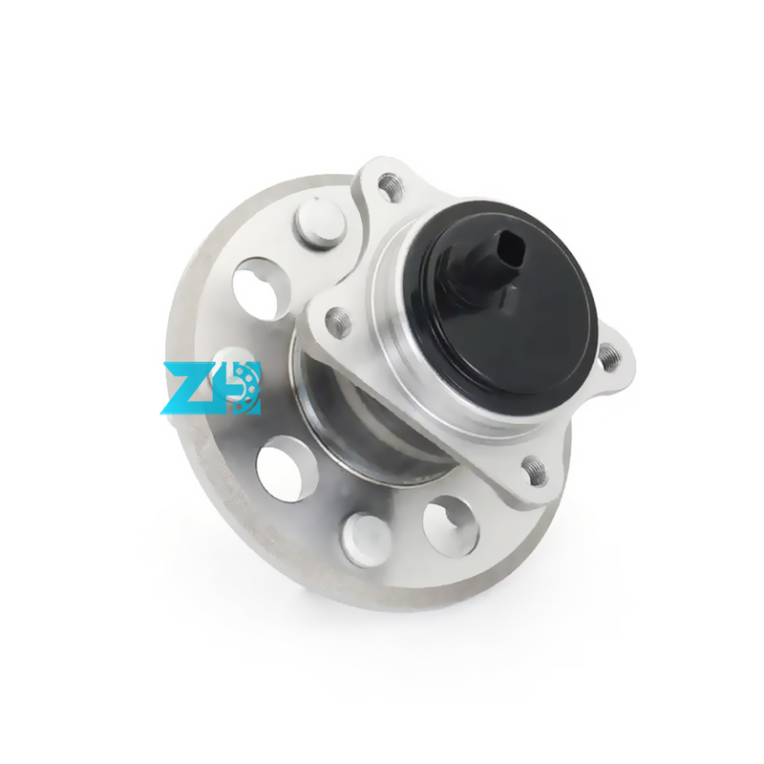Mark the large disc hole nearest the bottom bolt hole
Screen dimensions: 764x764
449,524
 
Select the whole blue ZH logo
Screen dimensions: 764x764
212,388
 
